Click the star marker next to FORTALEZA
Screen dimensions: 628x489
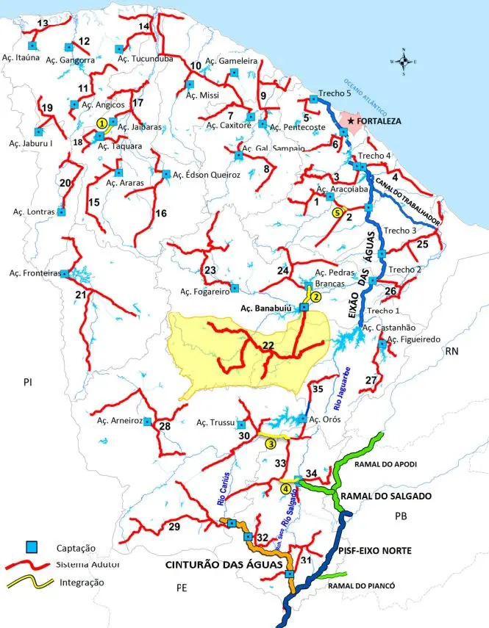coord(351,120)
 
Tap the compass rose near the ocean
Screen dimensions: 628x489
coord(404,62)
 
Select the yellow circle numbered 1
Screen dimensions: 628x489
coord(101,124)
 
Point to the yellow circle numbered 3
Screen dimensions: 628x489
coord(271,443)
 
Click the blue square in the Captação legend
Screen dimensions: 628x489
coord(32,547)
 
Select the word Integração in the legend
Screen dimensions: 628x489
coord(80,582)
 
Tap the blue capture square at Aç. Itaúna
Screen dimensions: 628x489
coord(32,46)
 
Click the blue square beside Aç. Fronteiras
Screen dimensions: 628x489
coord(65,273)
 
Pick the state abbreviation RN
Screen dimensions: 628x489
coord(451,352)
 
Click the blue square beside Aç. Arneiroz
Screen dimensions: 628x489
coord(147,422)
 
